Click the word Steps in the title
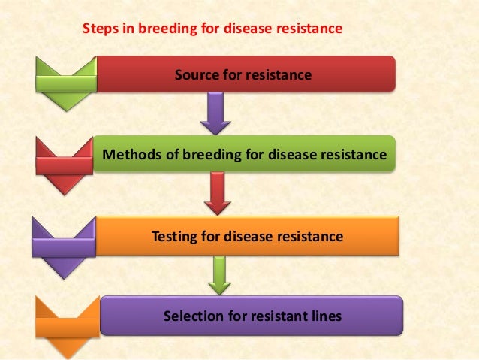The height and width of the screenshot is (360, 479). click(x=97, y=29)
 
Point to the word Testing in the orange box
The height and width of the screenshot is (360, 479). click(x=175, y=237)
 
